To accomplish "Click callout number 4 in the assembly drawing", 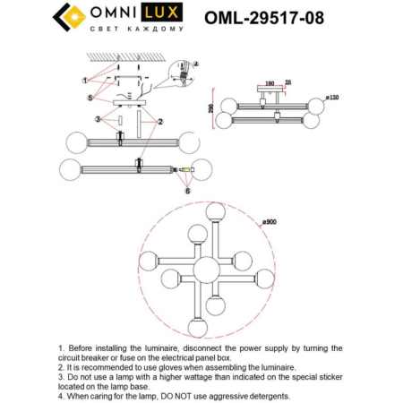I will pyautogui.click(x=197, y=64).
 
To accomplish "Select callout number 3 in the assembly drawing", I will pyautogui.click(x=98, y=119).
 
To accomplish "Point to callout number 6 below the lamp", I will pyautogui.click(x=186, y=191).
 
